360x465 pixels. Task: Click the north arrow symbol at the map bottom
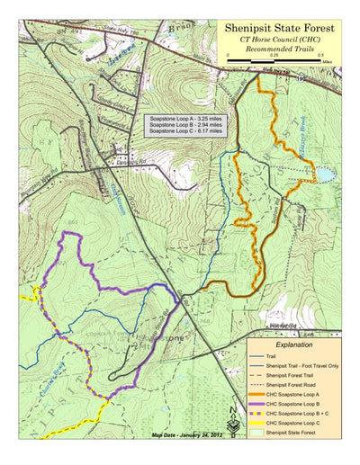[235, 430]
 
